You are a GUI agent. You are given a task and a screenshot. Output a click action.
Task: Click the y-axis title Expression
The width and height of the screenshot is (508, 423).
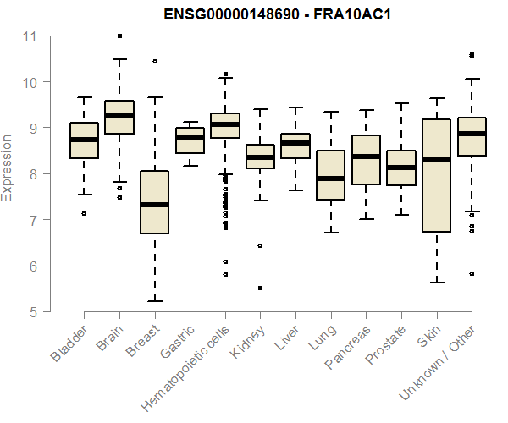[x=8, y=168]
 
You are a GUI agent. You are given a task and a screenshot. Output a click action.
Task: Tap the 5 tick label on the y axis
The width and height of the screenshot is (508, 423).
[x=31, y=312]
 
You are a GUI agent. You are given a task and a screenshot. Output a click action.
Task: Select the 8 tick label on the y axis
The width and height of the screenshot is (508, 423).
[x=31, y=174]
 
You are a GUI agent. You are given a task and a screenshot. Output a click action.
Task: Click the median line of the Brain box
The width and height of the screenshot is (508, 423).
[x=119, y=115]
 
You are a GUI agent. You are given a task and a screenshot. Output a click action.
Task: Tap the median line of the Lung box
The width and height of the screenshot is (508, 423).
[x=330, y=179]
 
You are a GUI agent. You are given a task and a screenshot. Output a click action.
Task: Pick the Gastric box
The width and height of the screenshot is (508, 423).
[x=190, y=140]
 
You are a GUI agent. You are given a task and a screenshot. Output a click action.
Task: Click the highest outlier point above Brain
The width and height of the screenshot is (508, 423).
[x=119, y=36]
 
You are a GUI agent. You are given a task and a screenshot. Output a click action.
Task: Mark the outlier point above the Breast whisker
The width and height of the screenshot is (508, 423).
[x=154, y=61]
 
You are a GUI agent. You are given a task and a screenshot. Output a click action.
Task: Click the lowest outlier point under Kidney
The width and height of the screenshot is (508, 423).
[x=260, y=288]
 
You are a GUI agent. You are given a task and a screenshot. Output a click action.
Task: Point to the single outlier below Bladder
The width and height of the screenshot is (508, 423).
[x=84, y=214]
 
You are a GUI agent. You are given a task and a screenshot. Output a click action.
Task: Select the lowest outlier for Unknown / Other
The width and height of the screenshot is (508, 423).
[x=472, y=274]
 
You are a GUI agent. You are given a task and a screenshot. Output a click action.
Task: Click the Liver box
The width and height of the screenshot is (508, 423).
[x=295, y=146]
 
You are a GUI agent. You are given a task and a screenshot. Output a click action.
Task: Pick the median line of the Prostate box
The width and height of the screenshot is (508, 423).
[x=401, y=168]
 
